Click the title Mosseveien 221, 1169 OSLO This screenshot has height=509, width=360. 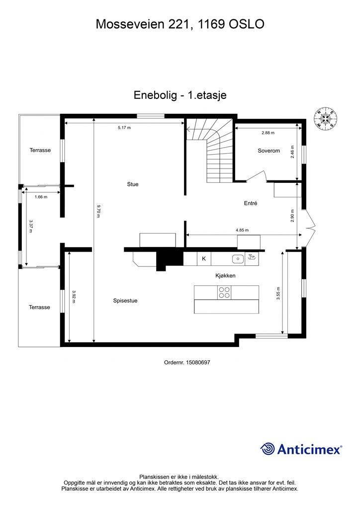tap(180, 23)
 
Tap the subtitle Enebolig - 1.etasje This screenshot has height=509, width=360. tap(180, 95)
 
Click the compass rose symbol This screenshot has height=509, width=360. tap(326, 118)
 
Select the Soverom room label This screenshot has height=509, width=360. tap(269, 151)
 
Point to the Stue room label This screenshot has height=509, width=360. tap(132, 184)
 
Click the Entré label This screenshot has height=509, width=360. tap(250, 203)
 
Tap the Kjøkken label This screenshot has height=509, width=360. tap(225, 275)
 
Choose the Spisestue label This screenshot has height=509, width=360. tap(125, 301)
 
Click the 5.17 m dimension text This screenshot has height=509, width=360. tap(124, 128)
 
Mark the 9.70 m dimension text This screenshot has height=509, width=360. tap(99, 211)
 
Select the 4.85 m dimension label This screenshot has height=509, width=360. tap(242, 230)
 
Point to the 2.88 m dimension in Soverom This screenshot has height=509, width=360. tap(268, 133)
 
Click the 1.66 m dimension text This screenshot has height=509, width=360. tap(41, 197)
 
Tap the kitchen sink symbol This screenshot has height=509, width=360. tap(238, 258)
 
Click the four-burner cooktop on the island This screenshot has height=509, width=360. tap(224, 292)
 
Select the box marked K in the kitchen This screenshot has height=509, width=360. tap(204, 258)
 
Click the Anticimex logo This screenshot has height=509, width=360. tap(301, 449)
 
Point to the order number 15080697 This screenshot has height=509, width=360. tap(187, 363)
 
